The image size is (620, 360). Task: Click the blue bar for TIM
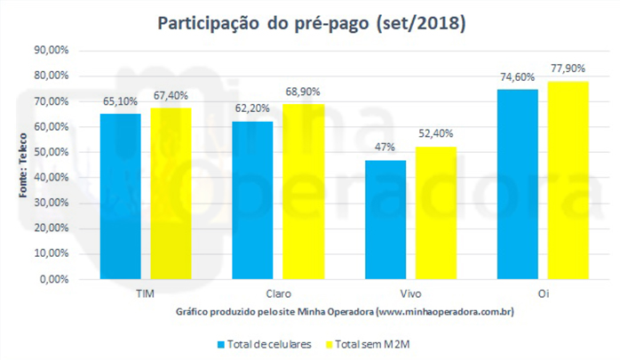[120, 196]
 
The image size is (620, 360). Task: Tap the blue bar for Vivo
[386, 219]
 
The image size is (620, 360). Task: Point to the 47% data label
[386, 148]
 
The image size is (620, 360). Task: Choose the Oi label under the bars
[543, 292]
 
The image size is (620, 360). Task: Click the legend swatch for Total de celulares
[219, 341]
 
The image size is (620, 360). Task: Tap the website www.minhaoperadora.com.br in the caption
[446, 312]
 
